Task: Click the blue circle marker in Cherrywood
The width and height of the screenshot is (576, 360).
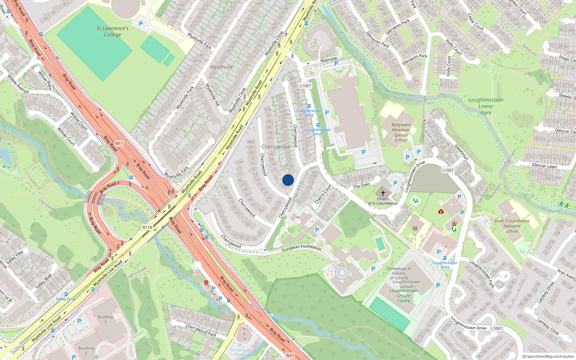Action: (x=288, y=180)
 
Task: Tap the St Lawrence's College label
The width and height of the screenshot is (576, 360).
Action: (x=112, y=31)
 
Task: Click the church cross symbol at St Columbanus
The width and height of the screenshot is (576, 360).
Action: (x=383, y=193)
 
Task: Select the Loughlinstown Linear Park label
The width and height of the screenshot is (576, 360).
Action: (x=486, y=106)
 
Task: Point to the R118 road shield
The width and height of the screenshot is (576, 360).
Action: (x=147, y=227)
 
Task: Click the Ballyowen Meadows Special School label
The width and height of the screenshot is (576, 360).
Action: (x=401, y=132)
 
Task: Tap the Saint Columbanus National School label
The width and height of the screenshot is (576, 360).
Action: (x=512, y=226)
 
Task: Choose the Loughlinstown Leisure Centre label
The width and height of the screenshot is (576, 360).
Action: (x=404, y=296)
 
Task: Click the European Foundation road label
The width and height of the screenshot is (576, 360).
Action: (x=301, y=247)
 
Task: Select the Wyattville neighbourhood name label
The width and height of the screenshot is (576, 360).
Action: (x=221, y=67)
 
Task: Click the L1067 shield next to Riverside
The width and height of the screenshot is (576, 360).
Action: (x=305, y=86)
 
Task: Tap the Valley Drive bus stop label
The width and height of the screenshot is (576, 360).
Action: (x=66, y=299)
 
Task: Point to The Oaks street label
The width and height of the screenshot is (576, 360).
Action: (x=361, y=185)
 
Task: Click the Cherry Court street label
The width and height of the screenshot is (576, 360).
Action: (x=323, y=194)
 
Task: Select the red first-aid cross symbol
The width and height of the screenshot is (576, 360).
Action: (x=441, y=211)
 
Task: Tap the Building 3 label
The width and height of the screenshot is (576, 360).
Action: (x=105, y=319)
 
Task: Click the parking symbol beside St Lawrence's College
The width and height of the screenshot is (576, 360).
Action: (x=141, y=24)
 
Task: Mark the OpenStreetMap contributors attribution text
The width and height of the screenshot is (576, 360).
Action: (x=548, y=356)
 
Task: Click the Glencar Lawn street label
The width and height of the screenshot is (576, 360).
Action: (x=544, y=166)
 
